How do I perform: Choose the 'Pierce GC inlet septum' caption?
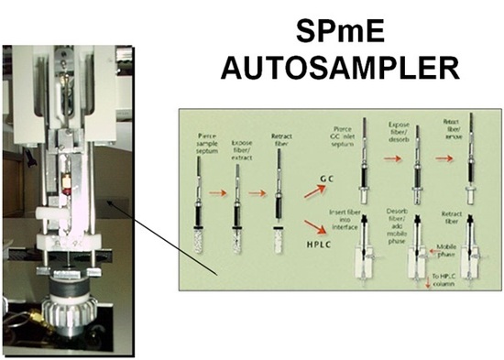tap(366, 135)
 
